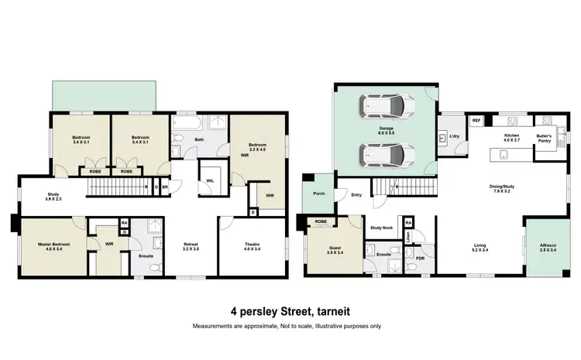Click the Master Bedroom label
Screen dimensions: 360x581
[55, 247]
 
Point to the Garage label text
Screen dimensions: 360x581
[386, 131]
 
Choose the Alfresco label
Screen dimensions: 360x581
[548, 247]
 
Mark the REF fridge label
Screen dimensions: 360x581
[476, 121]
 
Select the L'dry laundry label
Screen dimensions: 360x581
[455, 137]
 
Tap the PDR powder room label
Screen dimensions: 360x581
[419, 258]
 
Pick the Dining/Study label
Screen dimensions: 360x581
[504, 188]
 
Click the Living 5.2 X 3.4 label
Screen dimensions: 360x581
[480, 247]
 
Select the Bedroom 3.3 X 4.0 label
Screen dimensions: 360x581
[258, 146]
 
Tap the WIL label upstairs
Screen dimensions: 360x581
[210, 181]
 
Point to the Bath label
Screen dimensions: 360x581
[199, 140]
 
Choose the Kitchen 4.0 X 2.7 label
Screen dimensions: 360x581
[512, 137]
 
